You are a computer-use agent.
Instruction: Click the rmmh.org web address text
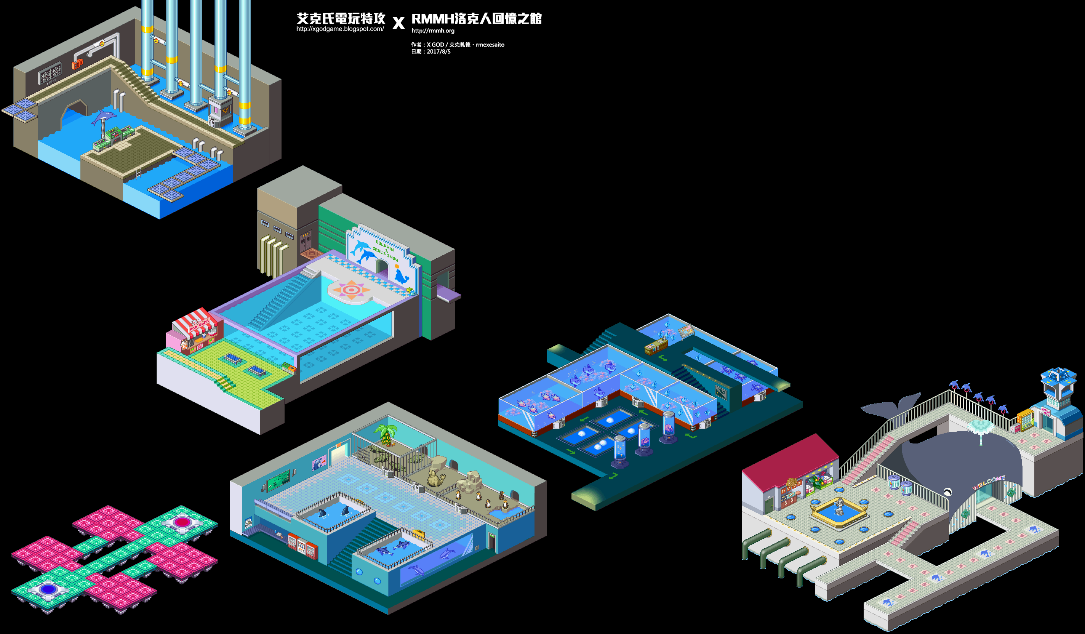[433, 30]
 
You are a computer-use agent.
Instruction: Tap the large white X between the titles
[399, 22]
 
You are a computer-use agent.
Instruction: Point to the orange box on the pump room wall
[77, 65]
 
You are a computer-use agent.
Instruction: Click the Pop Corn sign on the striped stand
[198, 323]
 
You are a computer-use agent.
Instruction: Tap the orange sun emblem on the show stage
[351, 290]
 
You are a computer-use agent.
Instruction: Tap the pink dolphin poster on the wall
[319, 463]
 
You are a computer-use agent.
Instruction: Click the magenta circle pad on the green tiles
[182, 522]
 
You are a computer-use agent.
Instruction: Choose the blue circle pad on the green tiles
[48, 588]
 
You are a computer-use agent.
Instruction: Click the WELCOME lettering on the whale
[989, 482]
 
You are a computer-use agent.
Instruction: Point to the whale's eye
[947, 492]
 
